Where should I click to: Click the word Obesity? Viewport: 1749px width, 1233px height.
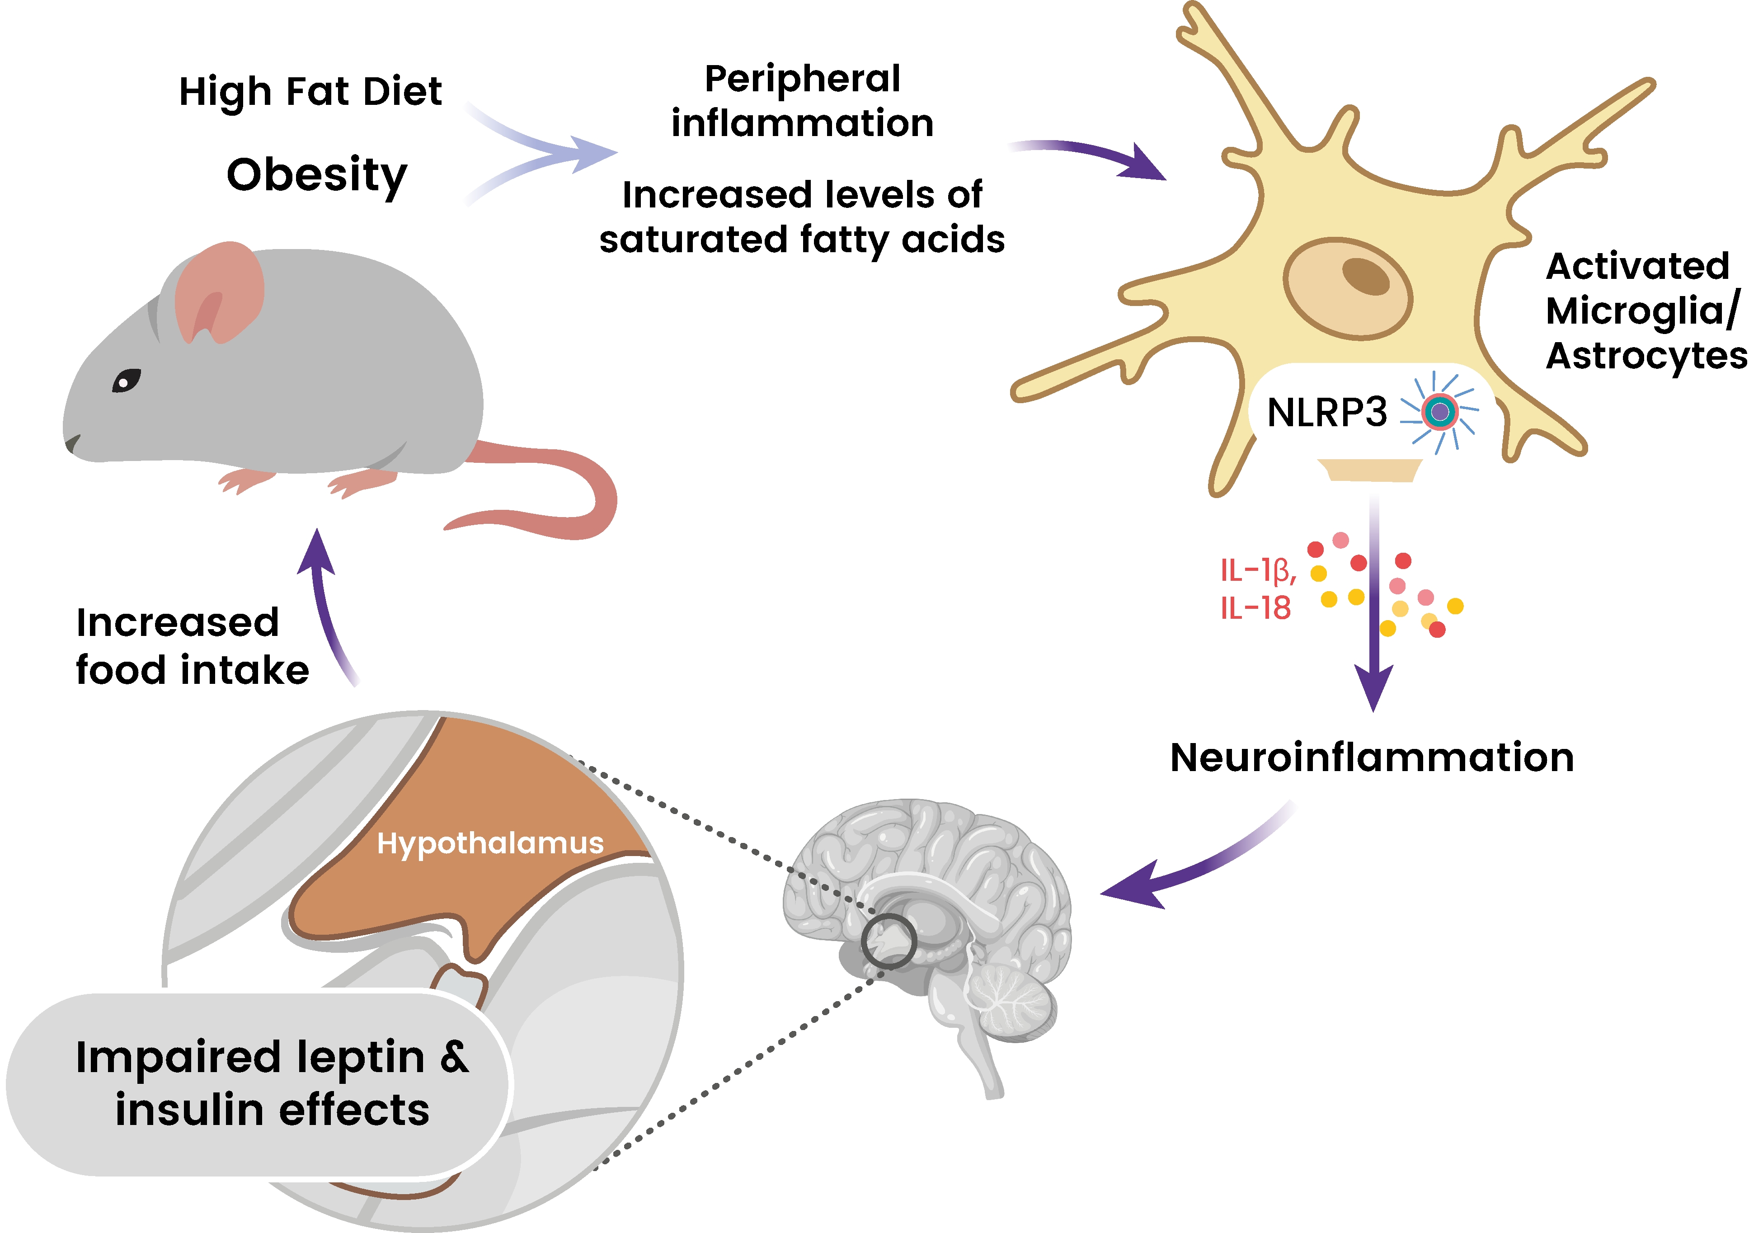click(317, 176)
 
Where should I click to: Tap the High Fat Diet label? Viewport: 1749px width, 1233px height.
click(310, 92)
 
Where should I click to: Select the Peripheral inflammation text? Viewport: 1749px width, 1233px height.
click(802, 101)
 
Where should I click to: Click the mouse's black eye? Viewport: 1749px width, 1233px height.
click(127, 380)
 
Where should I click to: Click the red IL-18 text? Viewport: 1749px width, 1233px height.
click(1255, 608)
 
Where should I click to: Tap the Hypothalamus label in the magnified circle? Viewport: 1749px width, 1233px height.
click(490, 843)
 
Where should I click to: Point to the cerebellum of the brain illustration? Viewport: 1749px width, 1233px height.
click(1009, 998)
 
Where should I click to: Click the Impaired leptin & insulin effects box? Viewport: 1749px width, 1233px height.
click(259, 1084)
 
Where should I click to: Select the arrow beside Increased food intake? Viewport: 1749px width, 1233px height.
click(324, 602)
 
